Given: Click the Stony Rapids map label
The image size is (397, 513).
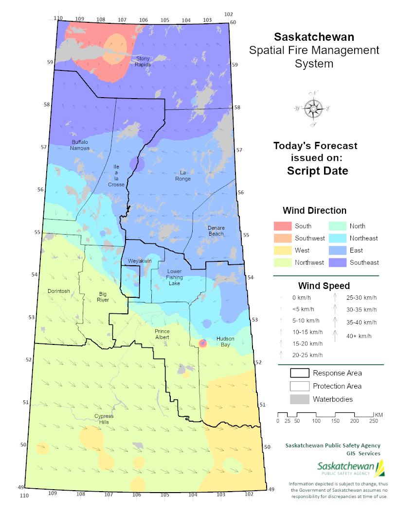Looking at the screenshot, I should coord(143,61).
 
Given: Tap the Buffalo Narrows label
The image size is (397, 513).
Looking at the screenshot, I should coord(80,145).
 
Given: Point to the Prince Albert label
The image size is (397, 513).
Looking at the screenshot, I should coord(162,334).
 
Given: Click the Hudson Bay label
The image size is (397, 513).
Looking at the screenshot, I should coord(225,342).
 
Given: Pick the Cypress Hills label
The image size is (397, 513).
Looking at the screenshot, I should coord(104,419).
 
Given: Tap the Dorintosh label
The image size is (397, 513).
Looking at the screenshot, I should coord(59,291).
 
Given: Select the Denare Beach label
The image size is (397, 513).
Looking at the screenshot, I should coord(216,230).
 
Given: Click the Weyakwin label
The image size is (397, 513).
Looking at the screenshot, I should coord(140,261).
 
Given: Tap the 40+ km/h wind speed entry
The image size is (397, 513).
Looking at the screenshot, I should coord(358,336).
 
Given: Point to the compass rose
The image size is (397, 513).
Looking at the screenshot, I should coord(313,109).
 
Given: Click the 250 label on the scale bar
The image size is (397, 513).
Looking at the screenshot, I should coord(373,421).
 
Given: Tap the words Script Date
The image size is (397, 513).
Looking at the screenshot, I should coord(317,171).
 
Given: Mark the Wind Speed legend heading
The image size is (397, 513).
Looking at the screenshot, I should coord(324,286).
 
